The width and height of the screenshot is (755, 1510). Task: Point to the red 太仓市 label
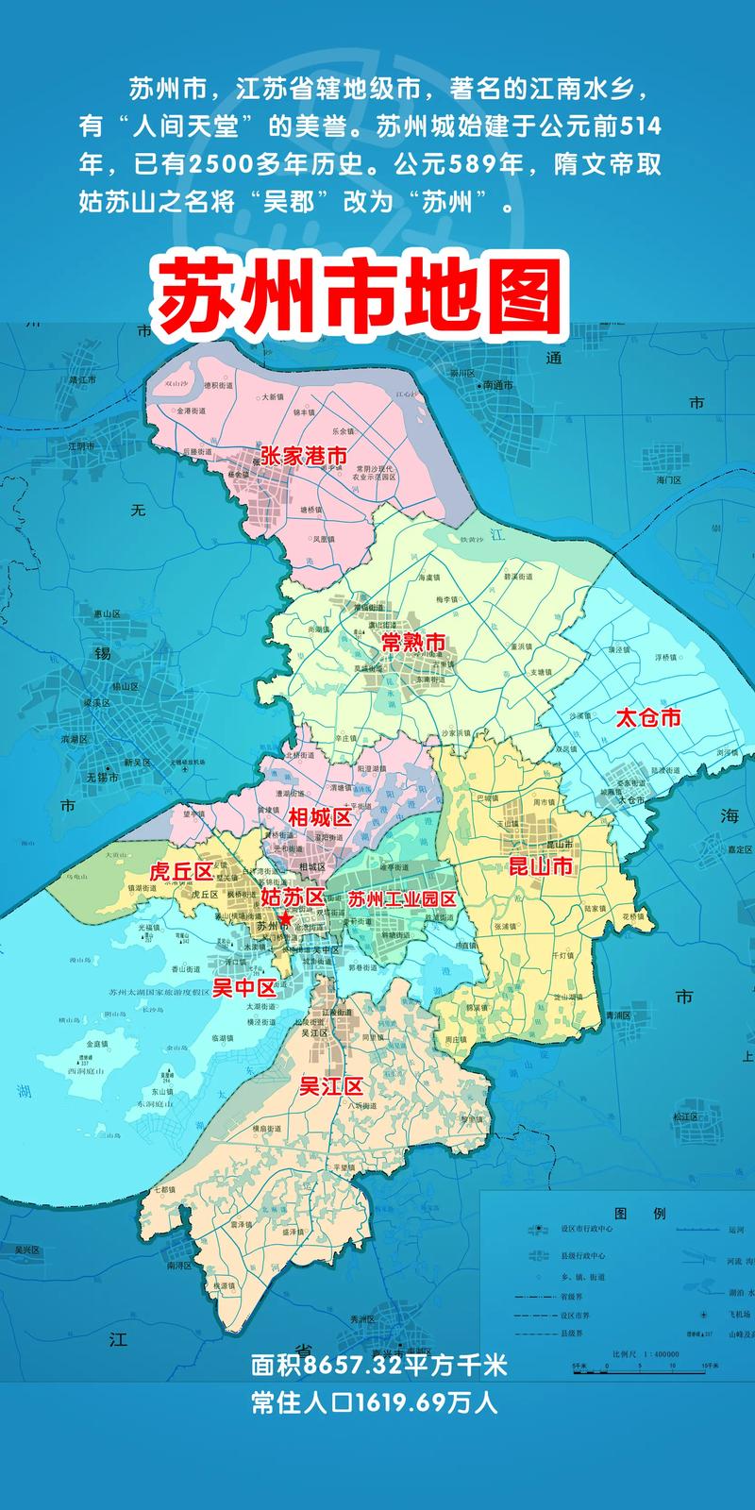click(x=647, y=717)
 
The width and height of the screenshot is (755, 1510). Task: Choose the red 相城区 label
click(x=319, y=816)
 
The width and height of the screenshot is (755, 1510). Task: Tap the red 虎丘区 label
click(x=183, y=871)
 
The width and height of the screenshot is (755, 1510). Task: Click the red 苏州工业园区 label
click(x=402, y=898)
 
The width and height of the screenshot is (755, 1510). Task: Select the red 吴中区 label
click(x=243, y=988)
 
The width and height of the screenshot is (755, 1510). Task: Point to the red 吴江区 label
click(x=331, y=1086)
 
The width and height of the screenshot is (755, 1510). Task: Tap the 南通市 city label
click(x=497, y=386)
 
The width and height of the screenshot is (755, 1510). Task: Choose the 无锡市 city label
click(x=102, y=778)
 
